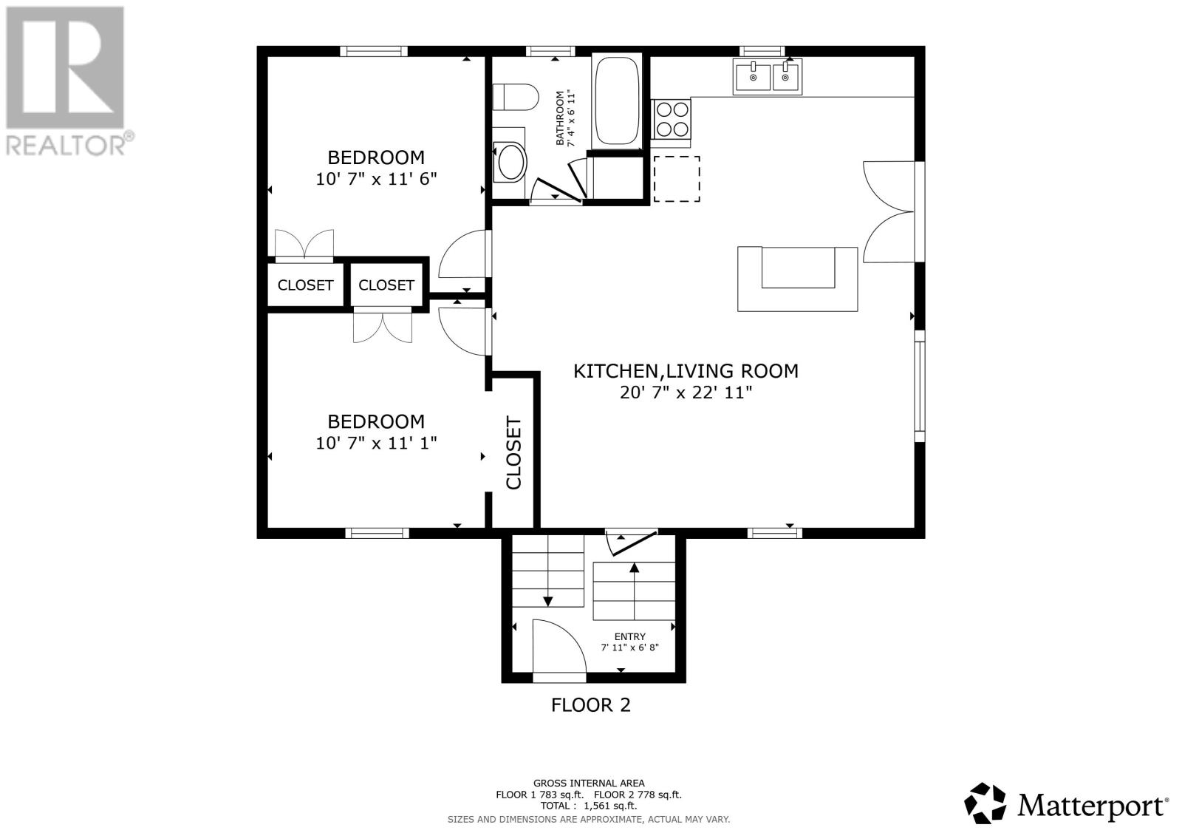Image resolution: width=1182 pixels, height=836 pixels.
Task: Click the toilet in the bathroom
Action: coord(516,97)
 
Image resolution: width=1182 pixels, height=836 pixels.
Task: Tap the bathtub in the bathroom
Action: coord(617,101)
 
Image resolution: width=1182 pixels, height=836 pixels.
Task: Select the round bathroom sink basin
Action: coord(510,162)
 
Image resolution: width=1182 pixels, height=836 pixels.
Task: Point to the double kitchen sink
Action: coord(768,77)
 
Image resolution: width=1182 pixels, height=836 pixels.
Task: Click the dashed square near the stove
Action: coord(677,178)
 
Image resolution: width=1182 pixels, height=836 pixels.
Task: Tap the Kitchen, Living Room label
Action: coord(686,371)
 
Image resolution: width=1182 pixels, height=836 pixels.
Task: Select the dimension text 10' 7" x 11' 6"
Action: coord(376,180)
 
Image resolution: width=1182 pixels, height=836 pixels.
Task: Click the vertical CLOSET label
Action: coord(513,453)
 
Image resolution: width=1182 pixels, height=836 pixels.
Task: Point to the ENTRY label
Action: coord(630,637)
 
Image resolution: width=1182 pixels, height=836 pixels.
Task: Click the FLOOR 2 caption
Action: coord(591,705)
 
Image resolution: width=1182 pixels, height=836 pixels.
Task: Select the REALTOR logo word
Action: coord(66,146)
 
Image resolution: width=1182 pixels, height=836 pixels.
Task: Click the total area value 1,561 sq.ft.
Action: coord(610,806)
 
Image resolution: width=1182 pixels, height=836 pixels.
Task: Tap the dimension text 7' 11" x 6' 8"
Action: coord(630,648)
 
